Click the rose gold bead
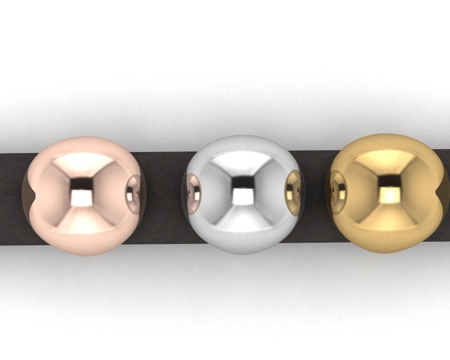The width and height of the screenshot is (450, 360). coord(84,197)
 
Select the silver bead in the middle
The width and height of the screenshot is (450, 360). coord(243,197)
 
